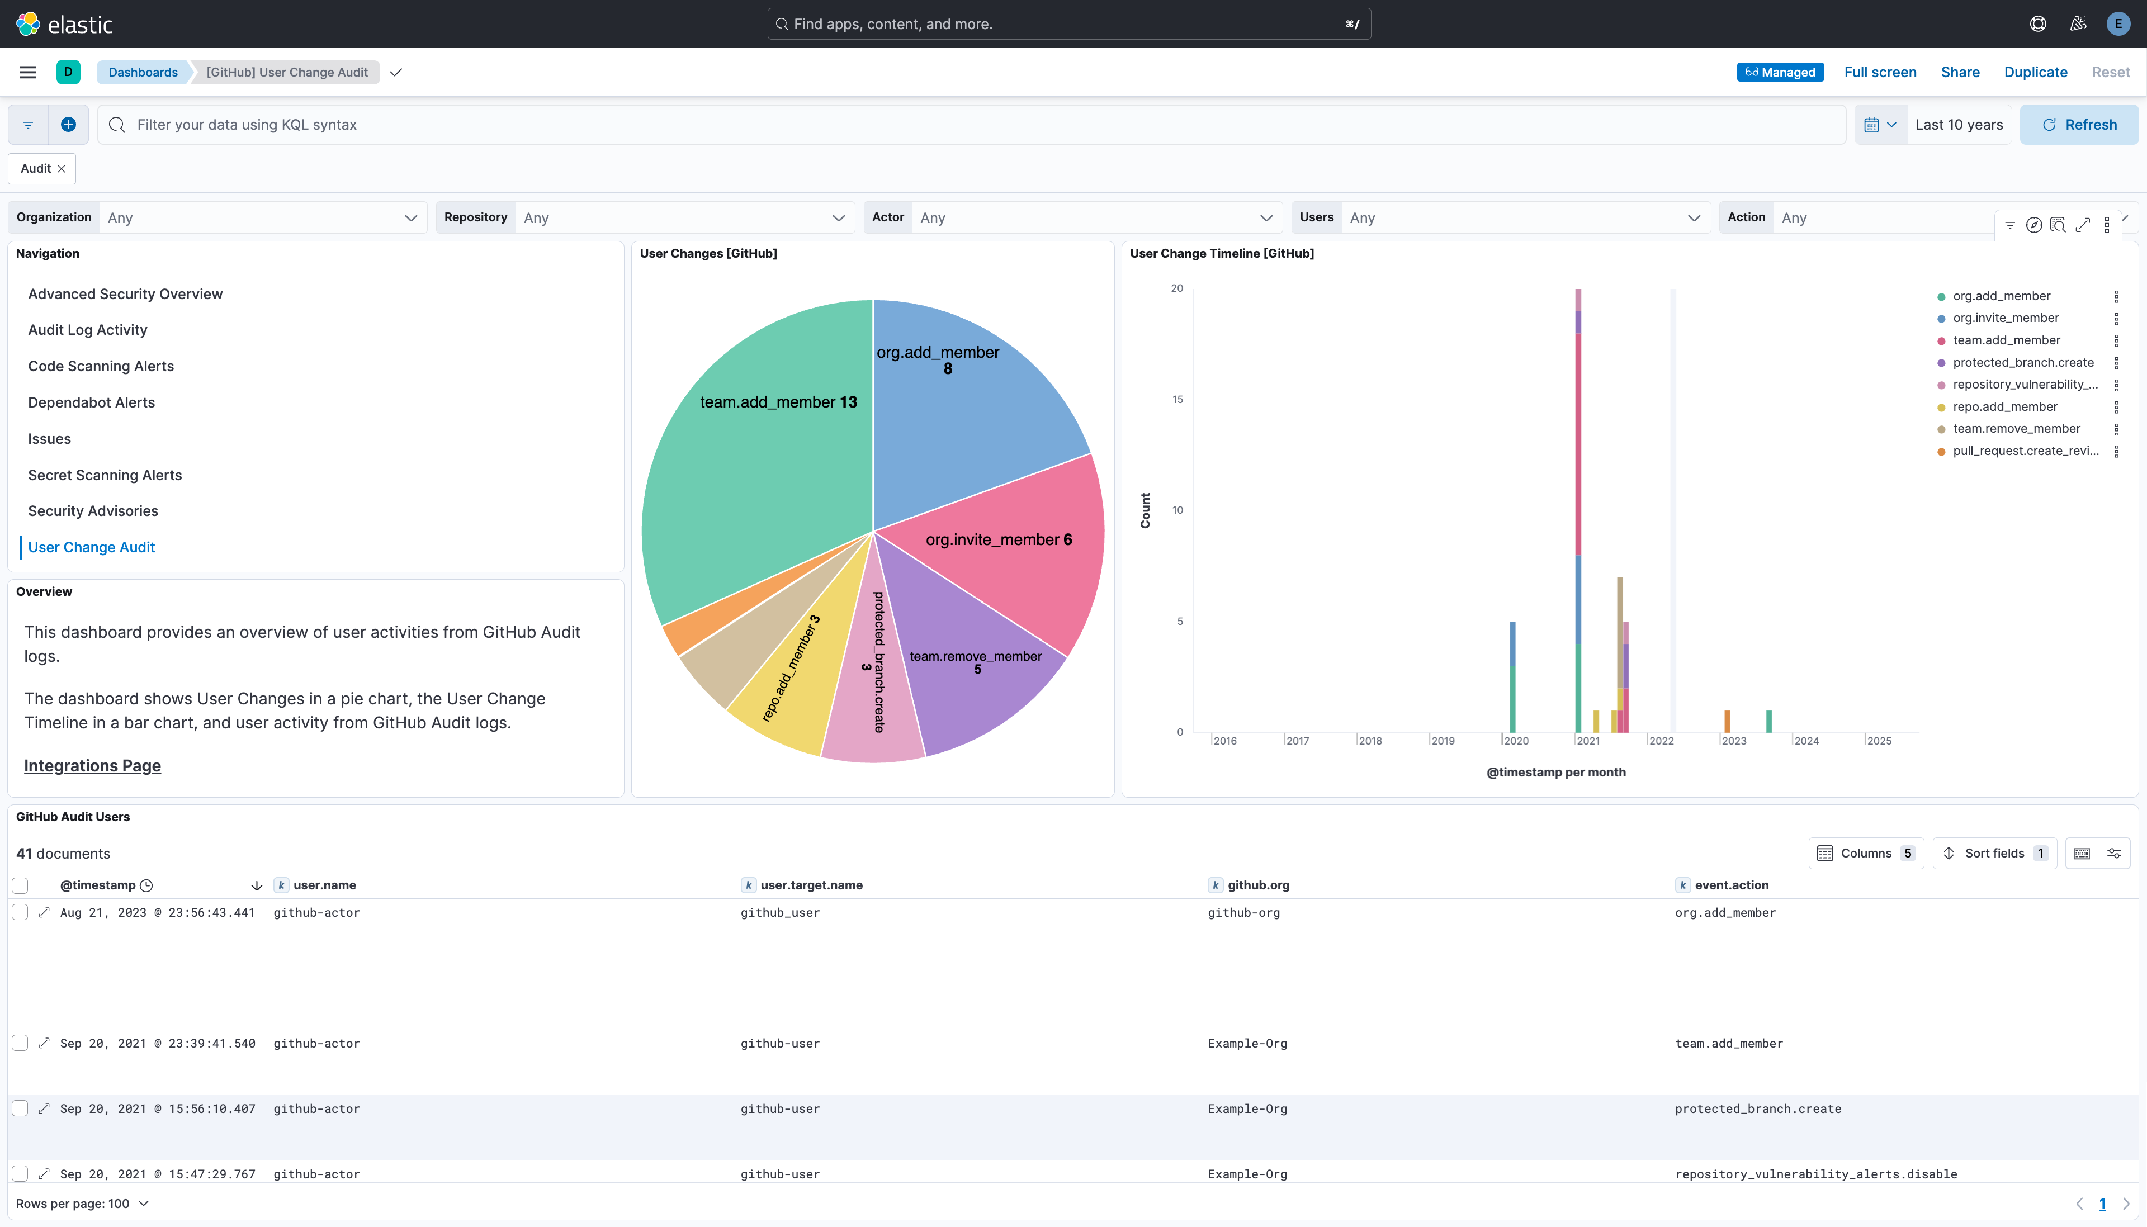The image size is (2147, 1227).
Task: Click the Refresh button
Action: point(2079,125)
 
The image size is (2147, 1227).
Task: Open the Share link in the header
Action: point(1960,73)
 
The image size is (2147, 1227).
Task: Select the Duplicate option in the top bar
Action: point(2035,73)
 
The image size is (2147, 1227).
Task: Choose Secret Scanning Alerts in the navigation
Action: point(105,475)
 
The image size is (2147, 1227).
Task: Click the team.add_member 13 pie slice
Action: point(758,472)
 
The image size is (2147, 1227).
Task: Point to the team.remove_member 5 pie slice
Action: point(977,674)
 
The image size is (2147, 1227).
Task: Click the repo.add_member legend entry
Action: point(2004,407)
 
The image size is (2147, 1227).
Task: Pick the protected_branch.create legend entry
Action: point(2022,362)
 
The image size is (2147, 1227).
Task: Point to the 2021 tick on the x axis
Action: point(1587,741)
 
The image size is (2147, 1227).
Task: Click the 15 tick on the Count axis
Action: point(1177,400)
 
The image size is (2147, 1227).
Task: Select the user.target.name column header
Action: point(811,885)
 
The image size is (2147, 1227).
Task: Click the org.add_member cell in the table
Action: point(1725,913)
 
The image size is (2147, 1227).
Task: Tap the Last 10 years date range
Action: point(1958,125)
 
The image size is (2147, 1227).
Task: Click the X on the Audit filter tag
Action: point(62,169)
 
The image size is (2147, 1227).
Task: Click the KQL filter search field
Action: point(969,125)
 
